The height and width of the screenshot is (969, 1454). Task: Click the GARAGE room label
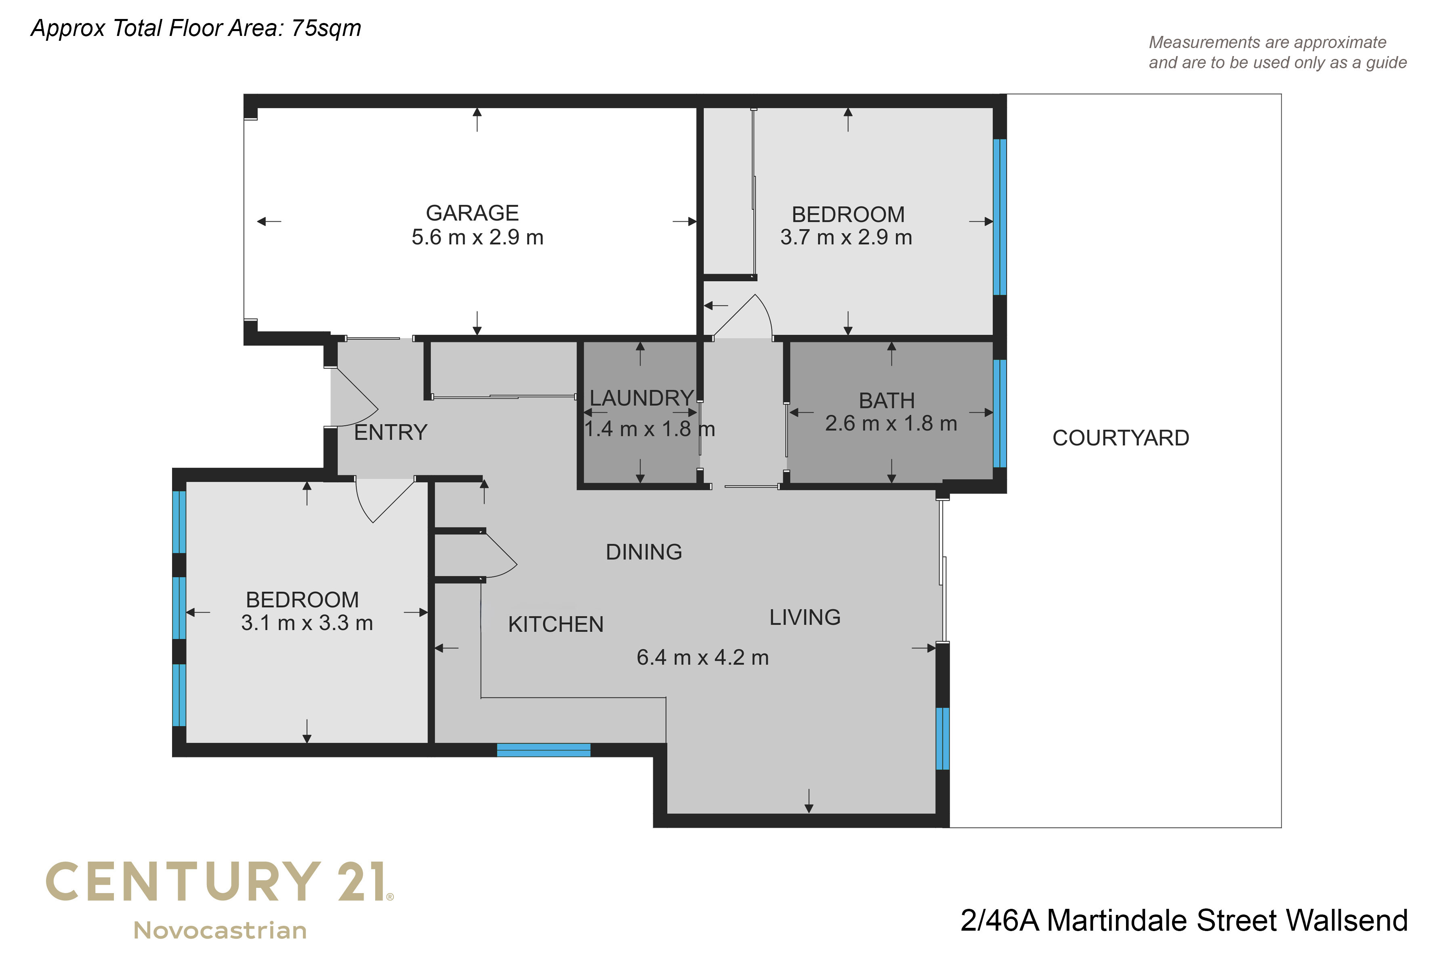tap(472, 213)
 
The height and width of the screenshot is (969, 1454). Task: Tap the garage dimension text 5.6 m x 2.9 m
tap(477, 237)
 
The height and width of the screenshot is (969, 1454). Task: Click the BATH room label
tap(887, 401)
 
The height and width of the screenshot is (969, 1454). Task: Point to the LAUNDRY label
tap(642, 398)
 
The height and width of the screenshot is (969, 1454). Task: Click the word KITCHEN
tap(556, 625)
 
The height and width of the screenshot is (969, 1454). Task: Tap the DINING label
tap(643, 552)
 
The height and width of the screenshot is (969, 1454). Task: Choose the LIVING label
tap(805, 617)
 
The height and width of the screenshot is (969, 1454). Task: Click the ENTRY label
tap(391, 432)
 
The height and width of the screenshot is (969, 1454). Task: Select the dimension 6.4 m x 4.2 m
tap(703, 658)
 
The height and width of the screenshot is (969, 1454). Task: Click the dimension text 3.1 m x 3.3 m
tap(307, 623)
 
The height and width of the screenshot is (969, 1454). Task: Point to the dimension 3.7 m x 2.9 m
tap(846, 237)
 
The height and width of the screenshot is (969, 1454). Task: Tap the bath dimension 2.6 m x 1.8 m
tap(891, 423)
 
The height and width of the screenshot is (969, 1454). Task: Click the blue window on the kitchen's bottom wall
tap(544, 750)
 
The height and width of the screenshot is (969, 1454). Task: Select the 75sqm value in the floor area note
tap(326, 28)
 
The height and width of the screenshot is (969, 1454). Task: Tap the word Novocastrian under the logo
tap(221, 931)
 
